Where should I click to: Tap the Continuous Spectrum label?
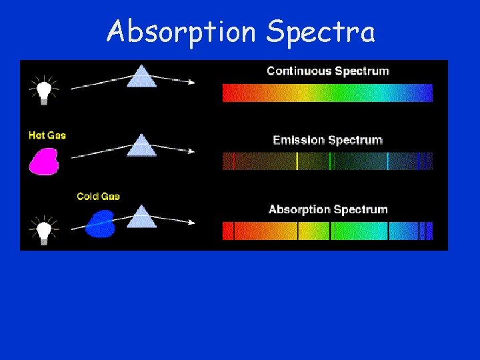(x=327, y=71)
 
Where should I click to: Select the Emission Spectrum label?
(x=327, y=140)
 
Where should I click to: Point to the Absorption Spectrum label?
(x=327, y=209)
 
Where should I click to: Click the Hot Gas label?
(x=47, y=135)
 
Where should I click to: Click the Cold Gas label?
(x=98, y=196)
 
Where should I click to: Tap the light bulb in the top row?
(x=44, y=90)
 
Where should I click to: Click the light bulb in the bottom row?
(x=44, y=231)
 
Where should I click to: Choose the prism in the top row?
(x=141, y=76)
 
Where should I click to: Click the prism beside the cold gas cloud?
(x=141, y=217)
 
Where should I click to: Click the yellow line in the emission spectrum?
(x=297, y=161)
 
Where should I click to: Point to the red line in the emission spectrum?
(x=233, y=161)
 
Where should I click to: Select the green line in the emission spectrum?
(x=330, y=161)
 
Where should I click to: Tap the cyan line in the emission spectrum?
(x=388, y=161)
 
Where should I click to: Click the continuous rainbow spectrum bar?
(x=327, y=93)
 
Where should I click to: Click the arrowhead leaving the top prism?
(x=191, y=83)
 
